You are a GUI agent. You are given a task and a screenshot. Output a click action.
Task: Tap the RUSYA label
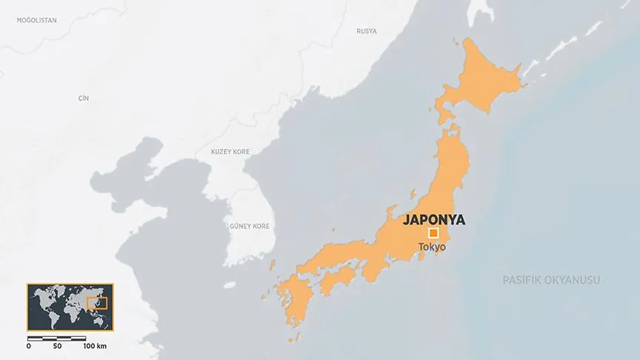click(367, 31)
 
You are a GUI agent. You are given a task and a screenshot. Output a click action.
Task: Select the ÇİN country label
click(83, 98)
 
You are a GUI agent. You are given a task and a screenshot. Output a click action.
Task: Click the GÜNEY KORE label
click(250, 226)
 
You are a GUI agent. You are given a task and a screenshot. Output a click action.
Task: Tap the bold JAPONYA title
click(434, 219)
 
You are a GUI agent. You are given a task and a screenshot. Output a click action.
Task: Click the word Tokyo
click(432, 247)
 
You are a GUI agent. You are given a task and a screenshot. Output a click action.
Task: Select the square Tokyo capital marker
click(433, 233)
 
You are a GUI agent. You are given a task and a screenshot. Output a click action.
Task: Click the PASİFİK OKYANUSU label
click(551, 280)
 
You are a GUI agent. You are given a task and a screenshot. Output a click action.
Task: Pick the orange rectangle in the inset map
click(97, 302)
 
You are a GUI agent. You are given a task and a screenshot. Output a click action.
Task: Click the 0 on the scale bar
click(29, 346)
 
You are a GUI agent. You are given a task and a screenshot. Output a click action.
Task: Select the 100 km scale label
click(94, 346)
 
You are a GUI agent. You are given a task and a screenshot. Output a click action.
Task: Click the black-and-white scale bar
click(57, 338)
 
